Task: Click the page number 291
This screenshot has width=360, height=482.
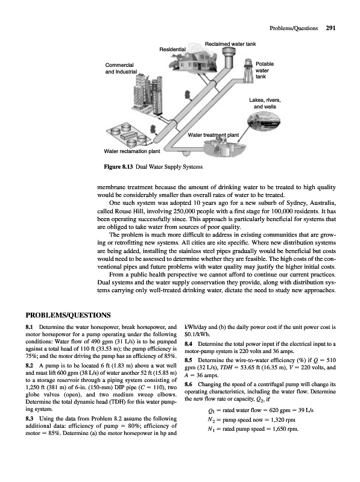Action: click(x=330, y=28)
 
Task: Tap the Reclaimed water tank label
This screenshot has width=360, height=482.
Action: click(x=230, y=44)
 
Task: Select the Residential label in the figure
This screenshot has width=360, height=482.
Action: click(x=172, y=49)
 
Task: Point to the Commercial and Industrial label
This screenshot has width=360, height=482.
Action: click(x=121, y=68)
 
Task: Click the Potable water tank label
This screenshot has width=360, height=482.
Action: click(x=264, y=70)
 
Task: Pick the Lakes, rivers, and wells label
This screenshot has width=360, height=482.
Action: click(x=265, y=103)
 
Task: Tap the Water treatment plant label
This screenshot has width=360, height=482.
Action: click(x=213, y=135)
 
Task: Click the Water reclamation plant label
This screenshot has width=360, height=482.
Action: click(x=132, y=151)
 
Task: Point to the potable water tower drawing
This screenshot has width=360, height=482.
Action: click(x=247, y=70)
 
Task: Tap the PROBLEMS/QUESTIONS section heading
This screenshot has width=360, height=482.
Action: click(x=68, y=315)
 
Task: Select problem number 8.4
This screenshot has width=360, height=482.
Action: click(x=189, y=344)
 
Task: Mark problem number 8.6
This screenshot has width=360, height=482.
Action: click(x=189, y=384)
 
